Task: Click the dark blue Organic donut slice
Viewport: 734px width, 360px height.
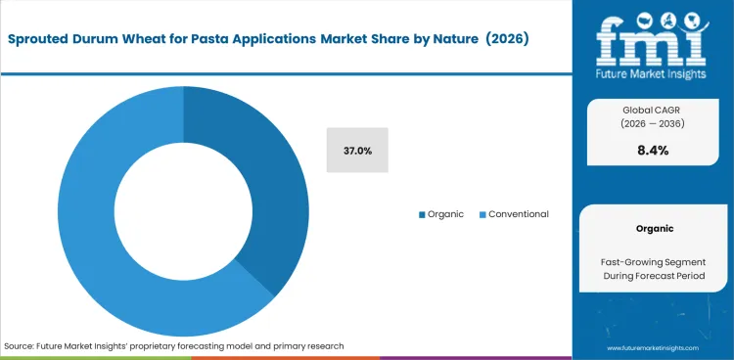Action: (269, 196)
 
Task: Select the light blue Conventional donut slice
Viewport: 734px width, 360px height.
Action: (98, 235)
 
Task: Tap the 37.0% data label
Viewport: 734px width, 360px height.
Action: (357, 151)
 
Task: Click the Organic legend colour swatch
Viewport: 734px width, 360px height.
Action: (422, 214)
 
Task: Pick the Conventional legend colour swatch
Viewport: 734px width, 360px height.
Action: (482, 214)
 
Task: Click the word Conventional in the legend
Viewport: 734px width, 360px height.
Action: (518, 214)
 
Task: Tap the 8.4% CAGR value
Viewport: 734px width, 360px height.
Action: (653, 150)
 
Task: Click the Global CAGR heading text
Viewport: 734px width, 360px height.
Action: (653, 110)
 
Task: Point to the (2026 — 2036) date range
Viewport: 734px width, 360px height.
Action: (653, 124)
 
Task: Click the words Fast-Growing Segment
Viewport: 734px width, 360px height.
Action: (653, 262)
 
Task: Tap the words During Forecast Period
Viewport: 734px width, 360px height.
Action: (653, 278)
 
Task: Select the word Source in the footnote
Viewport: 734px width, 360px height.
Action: (20, 346)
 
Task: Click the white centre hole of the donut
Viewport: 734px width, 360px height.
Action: (183, 212)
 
